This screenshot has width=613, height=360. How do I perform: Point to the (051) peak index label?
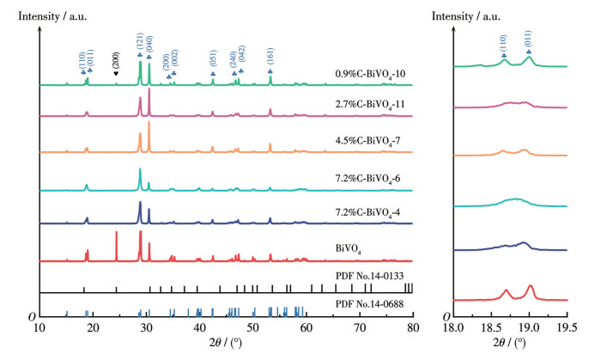(213, 58)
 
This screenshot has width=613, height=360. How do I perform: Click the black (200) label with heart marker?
(116, 60)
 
